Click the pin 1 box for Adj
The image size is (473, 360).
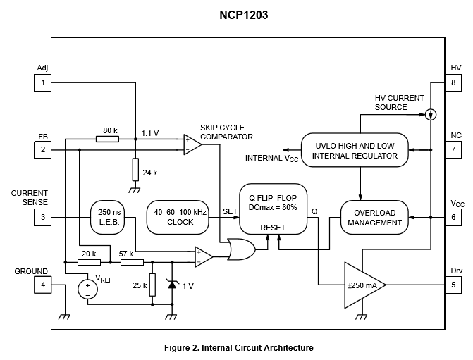43,82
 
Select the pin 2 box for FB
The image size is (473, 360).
43,150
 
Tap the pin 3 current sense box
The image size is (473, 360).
43,217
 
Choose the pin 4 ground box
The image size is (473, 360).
43,285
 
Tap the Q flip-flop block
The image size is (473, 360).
273,209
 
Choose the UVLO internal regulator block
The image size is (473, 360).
355,150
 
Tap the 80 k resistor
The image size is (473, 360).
108,139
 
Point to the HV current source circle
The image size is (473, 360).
431,113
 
